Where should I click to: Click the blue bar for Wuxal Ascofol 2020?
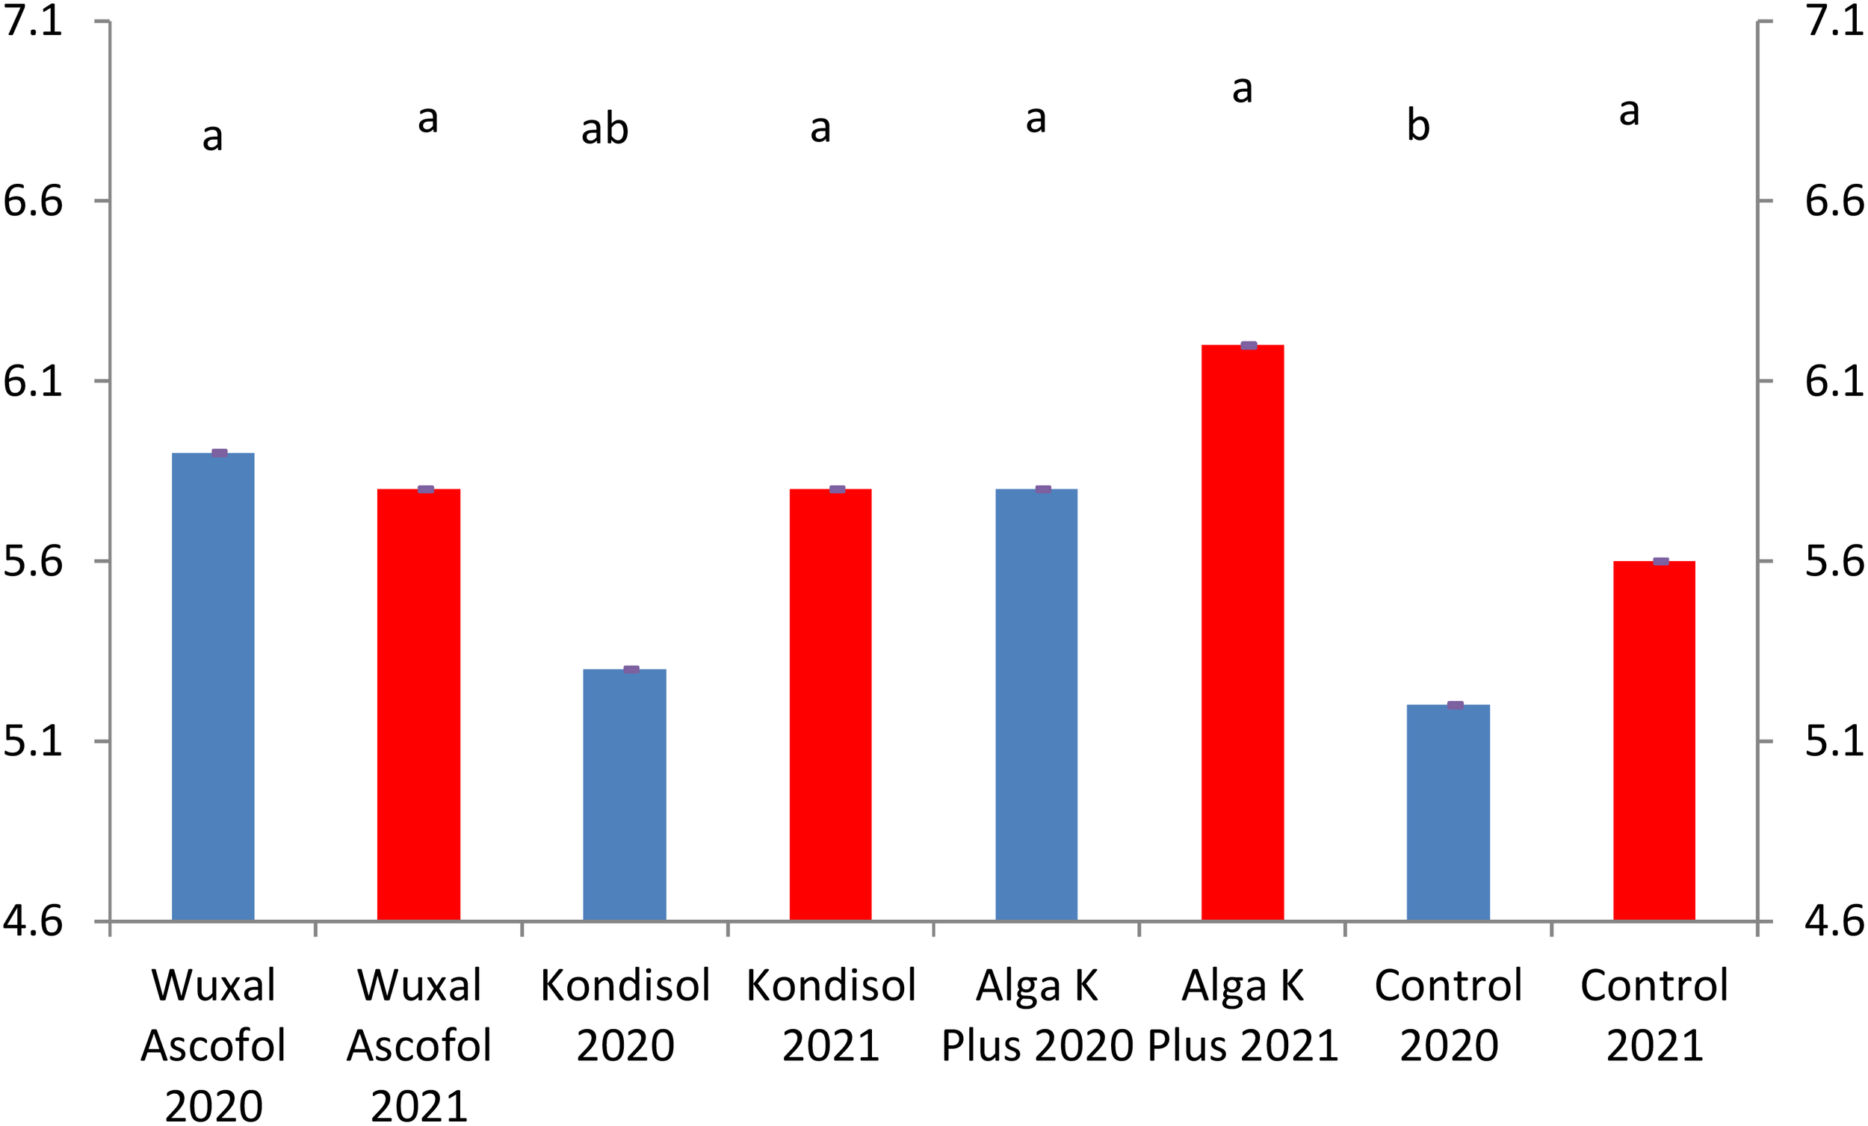point(213,686)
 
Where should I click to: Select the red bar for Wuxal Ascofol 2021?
point(418,705)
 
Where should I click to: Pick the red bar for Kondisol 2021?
point(830,705)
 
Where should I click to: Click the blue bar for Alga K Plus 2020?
point(1036,705)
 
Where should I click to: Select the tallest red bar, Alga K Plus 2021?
point(1243,632)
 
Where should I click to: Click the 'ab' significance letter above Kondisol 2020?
point(604,130)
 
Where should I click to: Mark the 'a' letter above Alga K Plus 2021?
point(1242,90)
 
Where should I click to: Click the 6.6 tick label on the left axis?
point(33,201)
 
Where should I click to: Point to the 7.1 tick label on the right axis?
point(1834,20)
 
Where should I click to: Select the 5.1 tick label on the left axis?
point(33,740)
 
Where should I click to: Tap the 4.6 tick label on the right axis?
point(1834,921)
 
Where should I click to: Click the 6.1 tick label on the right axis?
point(1834,380)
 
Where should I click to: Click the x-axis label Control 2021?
point(1654,1015)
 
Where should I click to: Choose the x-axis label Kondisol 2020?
point(625,1015)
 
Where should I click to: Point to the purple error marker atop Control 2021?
point(1661,561)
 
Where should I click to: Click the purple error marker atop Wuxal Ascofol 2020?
point(219,453)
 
